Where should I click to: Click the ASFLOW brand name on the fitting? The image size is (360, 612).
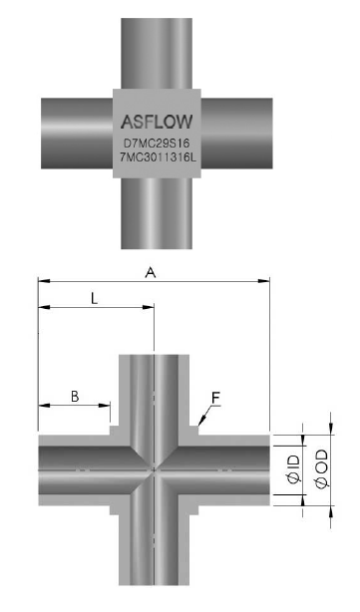[x=157, y=122]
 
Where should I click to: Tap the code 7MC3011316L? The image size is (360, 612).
[x=157, y=157]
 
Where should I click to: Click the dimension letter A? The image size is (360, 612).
[x=151, y=272]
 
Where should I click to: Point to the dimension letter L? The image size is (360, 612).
[x=94, y=299]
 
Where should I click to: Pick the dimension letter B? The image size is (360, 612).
[x=75, y=397]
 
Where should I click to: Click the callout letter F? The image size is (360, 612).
[x=216, y=398]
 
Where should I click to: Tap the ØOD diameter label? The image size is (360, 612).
[x=322, y=468]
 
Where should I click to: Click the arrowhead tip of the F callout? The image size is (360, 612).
[x=198, y=425]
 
